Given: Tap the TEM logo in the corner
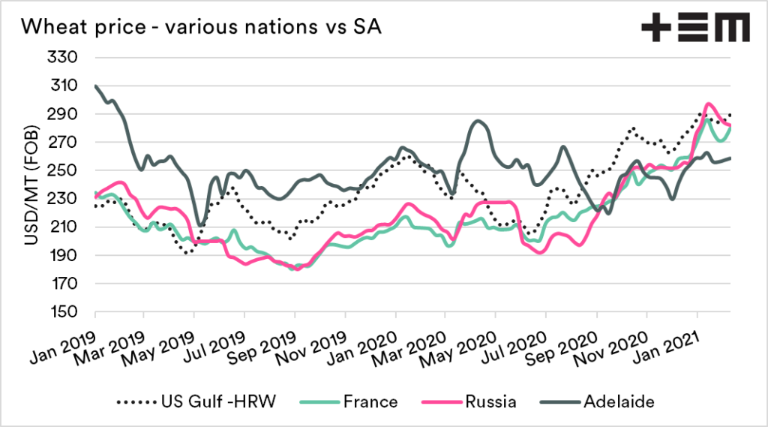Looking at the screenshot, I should (x=694, y=28).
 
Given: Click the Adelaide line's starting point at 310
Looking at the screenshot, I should (x=96, y=86).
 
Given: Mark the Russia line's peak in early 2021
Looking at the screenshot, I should (x=708, y=104).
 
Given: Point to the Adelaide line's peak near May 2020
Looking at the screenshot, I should (x=478, y=121).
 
